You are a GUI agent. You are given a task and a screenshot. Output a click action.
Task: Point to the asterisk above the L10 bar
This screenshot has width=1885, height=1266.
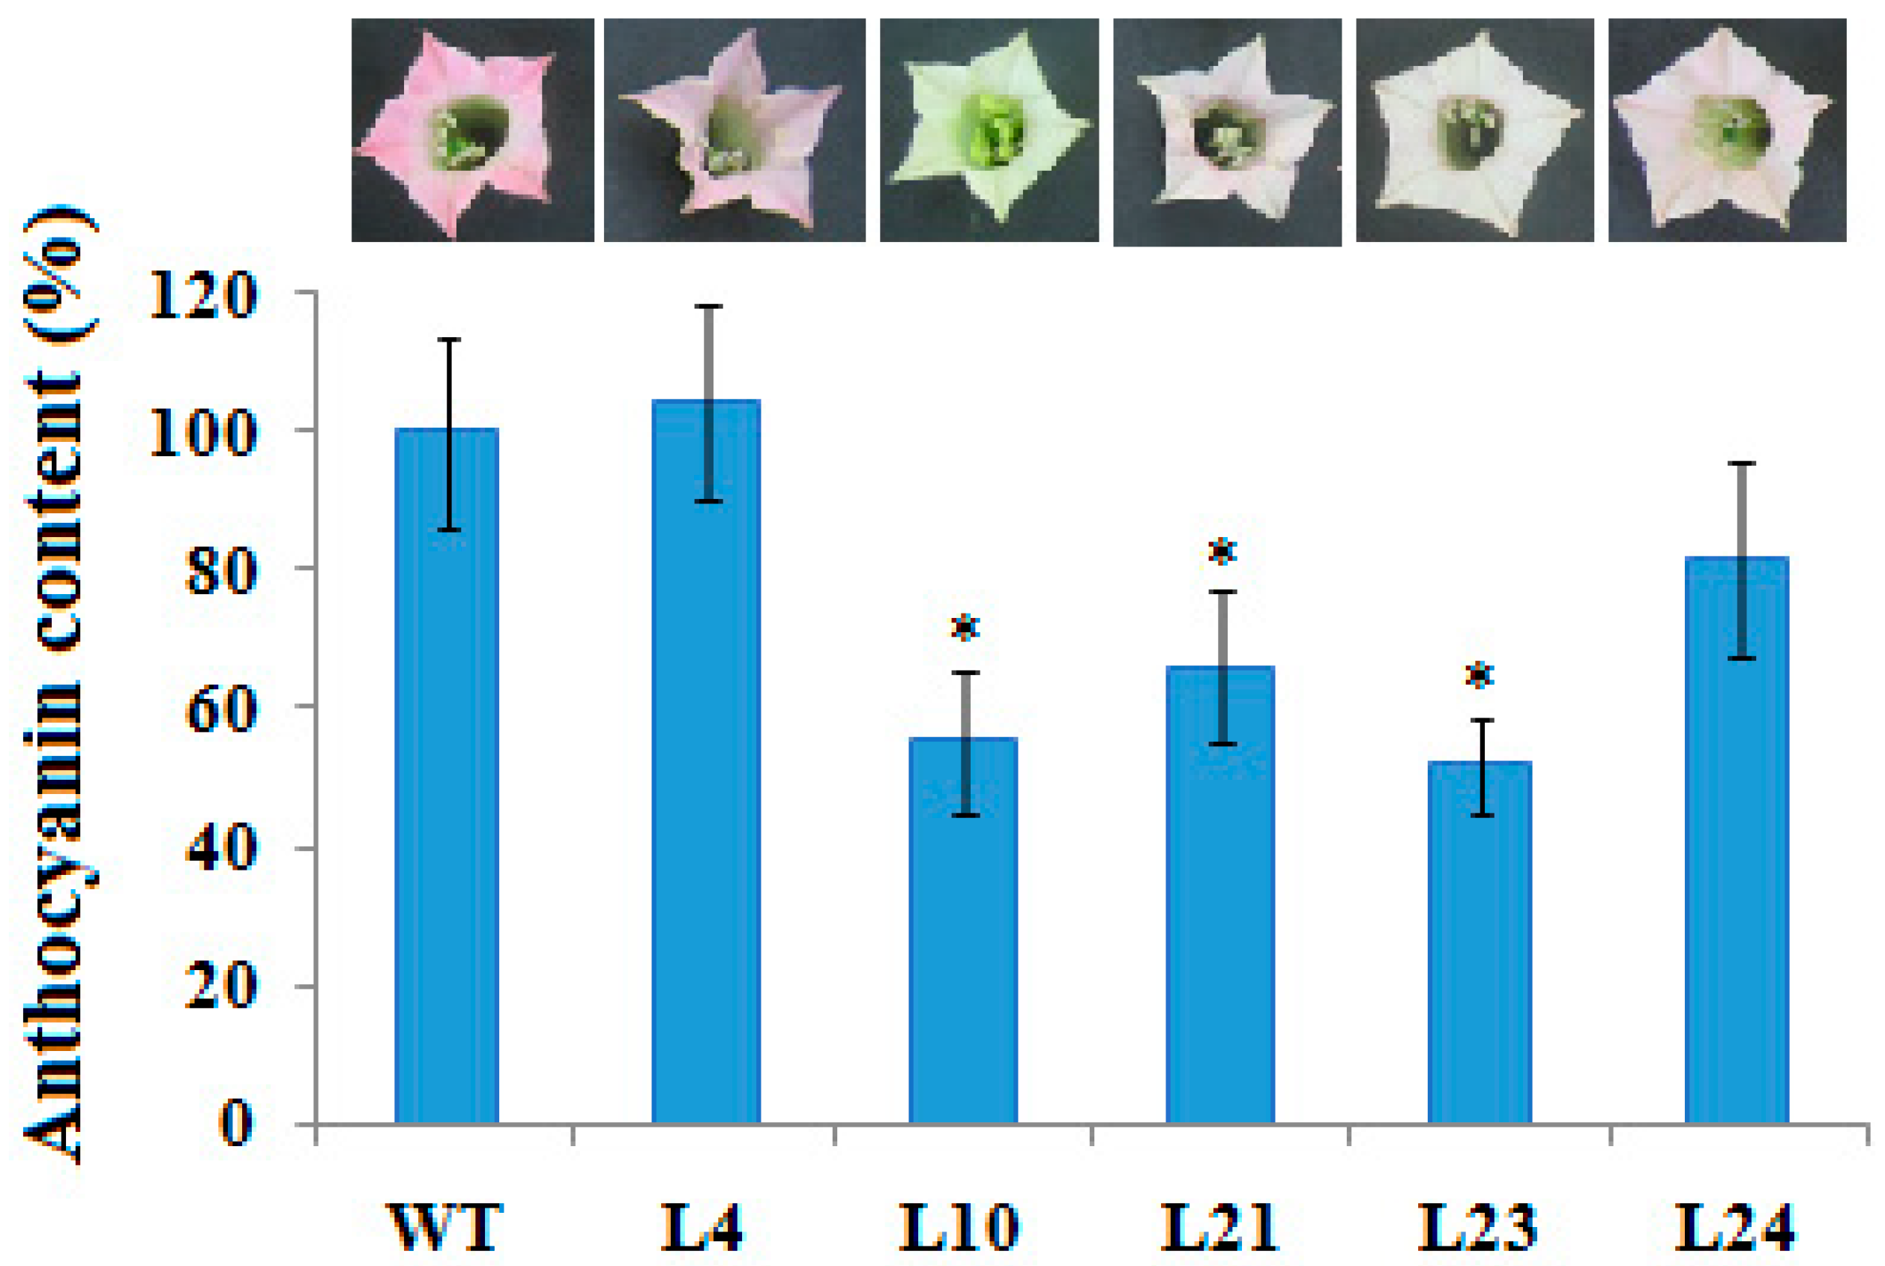tap(965, 627)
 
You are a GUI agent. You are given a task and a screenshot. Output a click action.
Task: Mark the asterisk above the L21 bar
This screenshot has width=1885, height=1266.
tap(1222, 552)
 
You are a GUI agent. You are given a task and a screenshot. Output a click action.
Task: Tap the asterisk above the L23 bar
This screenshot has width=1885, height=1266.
tap(1479, 675)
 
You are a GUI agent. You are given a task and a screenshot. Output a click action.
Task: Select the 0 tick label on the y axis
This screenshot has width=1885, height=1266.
tap(237, 1124)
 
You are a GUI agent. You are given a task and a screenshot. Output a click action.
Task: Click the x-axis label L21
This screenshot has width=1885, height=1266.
tap(1220, 1228)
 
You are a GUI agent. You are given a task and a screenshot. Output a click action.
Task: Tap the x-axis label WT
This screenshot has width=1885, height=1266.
tap(447, 1228)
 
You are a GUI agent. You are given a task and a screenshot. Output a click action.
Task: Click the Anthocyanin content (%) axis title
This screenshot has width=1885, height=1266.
tap(55, 686)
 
